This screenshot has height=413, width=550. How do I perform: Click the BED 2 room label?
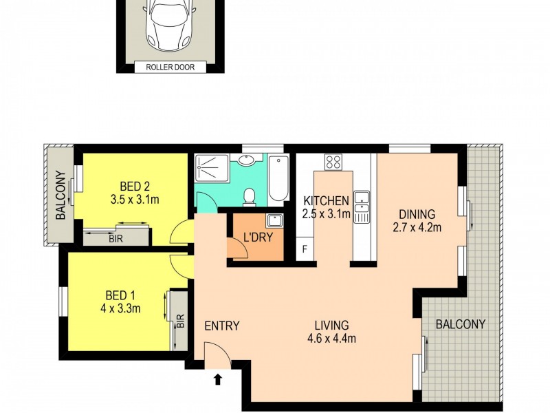[x=135, y=185]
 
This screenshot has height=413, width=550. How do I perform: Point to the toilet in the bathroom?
[x=251, y=197]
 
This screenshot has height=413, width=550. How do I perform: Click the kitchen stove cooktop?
[x=333, y=162]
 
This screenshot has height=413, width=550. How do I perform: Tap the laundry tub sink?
[x=273, y=221]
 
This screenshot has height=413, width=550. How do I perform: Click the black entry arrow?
[x=219, y=378]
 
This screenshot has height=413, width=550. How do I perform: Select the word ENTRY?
[x=222, y=326]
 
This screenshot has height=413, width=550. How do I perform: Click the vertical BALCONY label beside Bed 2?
[x=60, y=195]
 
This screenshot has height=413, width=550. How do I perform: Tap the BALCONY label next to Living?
[x=461, y=324]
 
